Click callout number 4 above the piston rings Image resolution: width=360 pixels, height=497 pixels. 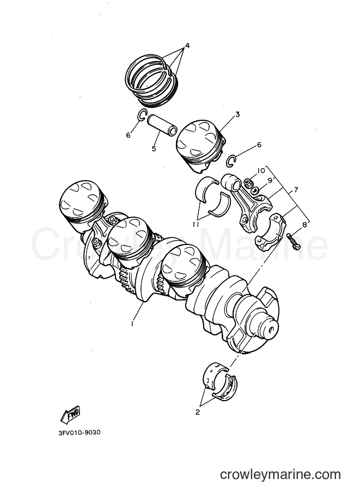(187, 46)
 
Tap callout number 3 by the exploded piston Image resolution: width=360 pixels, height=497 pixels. (237, 114)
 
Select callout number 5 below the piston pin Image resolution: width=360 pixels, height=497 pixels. (154, 148)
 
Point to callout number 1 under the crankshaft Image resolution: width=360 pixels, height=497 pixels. (132, 323)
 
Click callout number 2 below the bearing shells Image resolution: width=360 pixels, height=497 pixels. (198, 413)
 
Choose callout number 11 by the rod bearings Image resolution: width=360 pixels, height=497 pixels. (196, 224)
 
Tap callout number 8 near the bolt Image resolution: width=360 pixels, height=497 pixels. (304, 225)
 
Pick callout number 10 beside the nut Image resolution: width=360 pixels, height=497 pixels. (261, 170)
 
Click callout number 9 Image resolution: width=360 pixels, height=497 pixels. (270, 180)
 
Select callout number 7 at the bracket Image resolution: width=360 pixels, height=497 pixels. (296, 190)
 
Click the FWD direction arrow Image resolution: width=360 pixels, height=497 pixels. (70, 414)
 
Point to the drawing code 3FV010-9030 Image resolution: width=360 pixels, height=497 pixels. (80, 432)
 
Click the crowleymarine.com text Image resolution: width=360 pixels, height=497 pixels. (280, 475)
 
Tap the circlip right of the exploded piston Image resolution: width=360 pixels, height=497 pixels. (232, 161)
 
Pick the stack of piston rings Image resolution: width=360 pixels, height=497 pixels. (151, 81)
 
